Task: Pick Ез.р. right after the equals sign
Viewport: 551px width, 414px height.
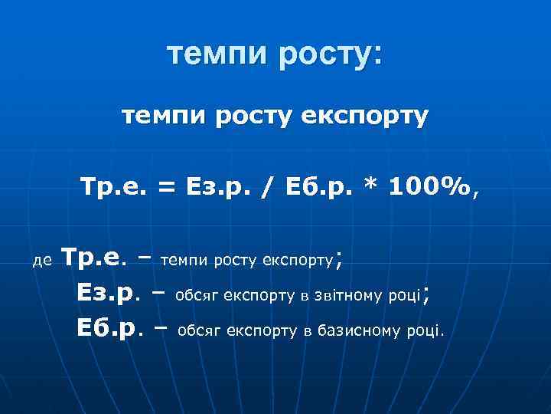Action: click(217, 186)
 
